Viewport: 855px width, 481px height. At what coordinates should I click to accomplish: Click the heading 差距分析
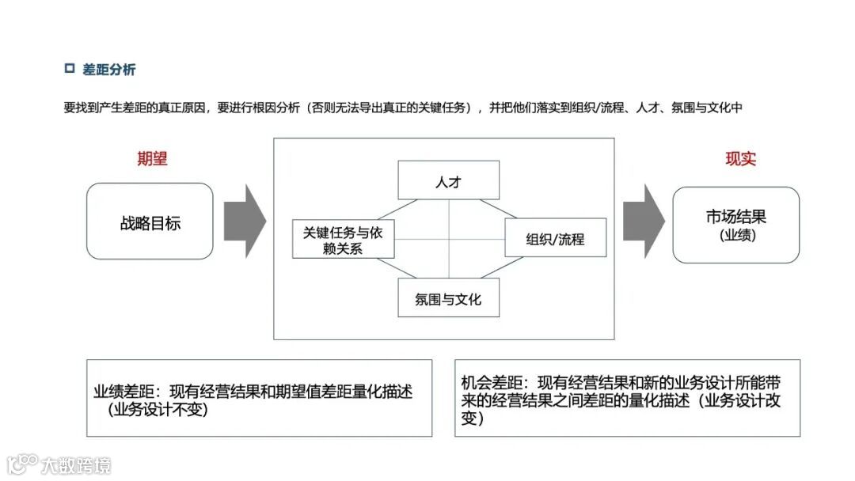pos(109,70)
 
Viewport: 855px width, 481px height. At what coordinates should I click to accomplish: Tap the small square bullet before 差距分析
pos(69,69)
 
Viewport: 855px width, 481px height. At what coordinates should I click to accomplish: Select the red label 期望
pos(152,158)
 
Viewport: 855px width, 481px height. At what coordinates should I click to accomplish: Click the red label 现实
pos(740,158)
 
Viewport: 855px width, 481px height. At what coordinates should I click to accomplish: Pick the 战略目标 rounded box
pos(150,222)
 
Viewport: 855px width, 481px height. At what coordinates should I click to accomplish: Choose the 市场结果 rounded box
pos(736,225)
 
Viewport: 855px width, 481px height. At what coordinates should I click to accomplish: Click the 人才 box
pos(448,180)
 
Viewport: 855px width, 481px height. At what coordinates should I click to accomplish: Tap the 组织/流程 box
pos(555,238)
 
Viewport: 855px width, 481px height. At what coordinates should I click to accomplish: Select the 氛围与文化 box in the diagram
pos(448,298)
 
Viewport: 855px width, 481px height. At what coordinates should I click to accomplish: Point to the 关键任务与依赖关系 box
pos(343,239)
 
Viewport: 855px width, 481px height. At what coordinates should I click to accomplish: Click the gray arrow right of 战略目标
pos(244,222)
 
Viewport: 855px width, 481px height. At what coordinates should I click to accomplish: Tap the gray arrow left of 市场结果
pos(643,222)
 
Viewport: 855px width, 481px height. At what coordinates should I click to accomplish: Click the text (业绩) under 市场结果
pos(737,235)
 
